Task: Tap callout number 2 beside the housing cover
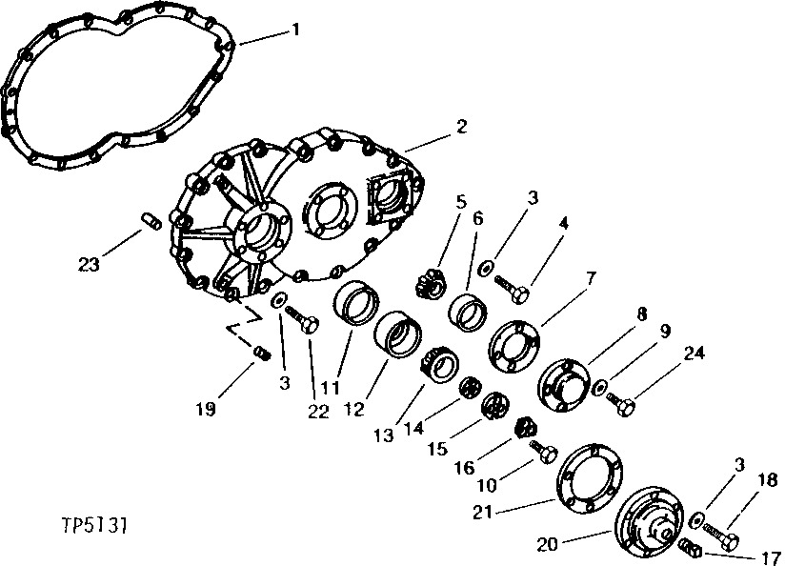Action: point(461,127)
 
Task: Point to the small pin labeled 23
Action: point(148,222)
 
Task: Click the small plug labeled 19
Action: point(261,354)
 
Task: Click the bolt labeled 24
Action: point(623,405)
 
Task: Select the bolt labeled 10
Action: point(545,450)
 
